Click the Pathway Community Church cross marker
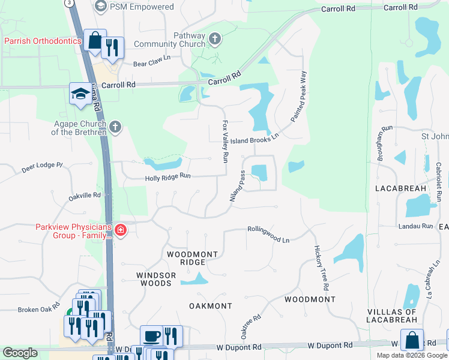tap(215, 40)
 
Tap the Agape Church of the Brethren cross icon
tap(115, 127)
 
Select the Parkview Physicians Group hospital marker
tap(120, 230)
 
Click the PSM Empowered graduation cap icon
tap(100, 7)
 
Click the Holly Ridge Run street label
tap(167, 177)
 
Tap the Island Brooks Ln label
tap(255, 137)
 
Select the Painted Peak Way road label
tap(299, 97)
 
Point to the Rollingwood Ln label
tap(268, 233)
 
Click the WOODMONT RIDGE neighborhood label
tap(192, 259)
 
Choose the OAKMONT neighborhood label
tap(210, 306)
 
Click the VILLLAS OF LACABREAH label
tap(393, 316)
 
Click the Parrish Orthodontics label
tap(43, 41)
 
